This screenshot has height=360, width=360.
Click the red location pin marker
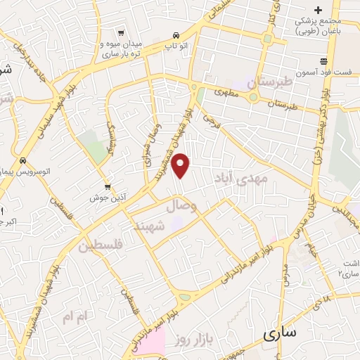coord(181,166)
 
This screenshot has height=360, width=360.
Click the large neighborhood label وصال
coord(182,207)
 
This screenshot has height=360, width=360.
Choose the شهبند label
coord(150,226)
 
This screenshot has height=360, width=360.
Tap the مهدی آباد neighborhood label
coord(257,179)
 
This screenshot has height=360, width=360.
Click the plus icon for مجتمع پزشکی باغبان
coord(319,10)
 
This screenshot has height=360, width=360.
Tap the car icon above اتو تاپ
coord(175,34)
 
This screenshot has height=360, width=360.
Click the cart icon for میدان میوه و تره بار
coord(121,33)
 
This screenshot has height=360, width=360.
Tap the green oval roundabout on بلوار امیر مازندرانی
coord(185,297)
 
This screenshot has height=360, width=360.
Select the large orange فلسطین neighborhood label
coord(101,246)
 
